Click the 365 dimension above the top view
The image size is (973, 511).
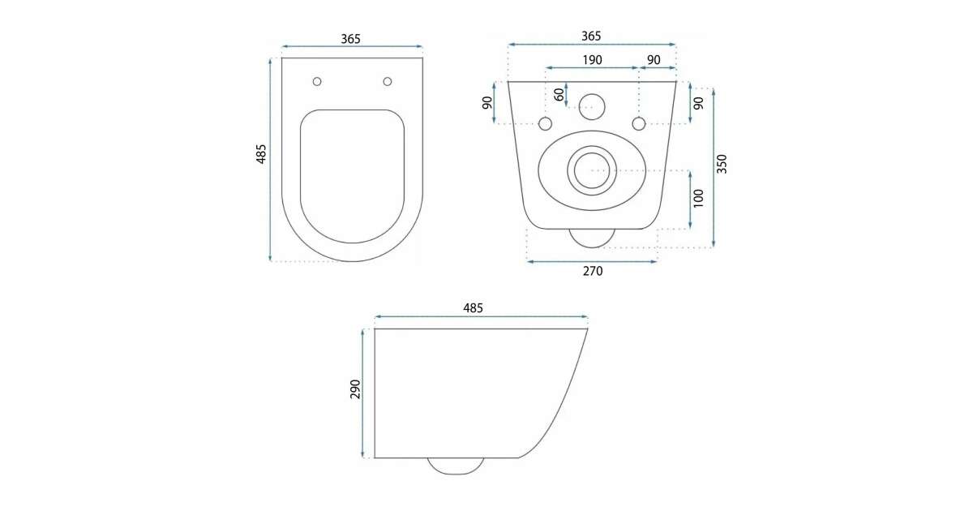tap(350, 39)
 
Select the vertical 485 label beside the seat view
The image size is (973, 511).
tap(260, 154)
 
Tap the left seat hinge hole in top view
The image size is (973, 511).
tap(317, 81)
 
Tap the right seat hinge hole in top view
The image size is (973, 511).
tap(388, 81)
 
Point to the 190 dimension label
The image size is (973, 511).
tap(592, 60)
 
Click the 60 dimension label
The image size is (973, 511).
tap(559, 94)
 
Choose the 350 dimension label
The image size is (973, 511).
tap(722, 164)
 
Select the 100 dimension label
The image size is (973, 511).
tap(698, 198)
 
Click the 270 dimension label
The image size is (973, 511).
tap(593, 271)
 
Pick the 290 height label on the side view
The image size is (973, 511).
tap(355, 389)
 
